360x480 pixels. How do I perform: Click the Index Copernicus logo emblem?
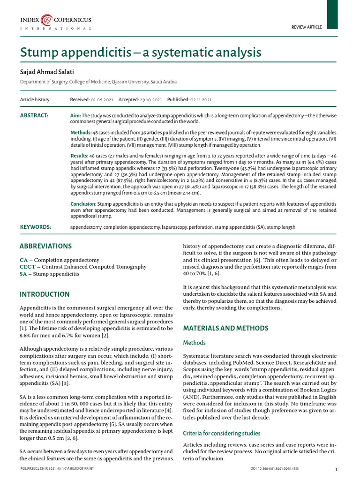[47, 20]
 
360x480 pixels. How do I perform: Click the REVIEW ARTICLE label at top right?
[307, 27]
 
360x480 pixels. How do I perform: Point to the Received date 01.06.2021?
[99, 100]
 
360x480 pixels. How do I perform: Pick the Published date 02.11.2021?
[200, 100]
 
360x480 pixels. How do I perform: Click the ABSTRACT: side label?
[34, 115]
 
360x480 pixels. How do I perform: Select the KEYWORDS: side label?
[35, 227]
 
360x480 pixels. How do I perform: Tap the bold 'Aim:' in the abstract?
[75, 115]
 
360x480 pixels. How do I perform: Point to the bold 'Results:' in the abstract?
[79, 156]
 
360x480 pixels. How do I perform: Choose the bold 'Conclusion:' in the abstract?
[83, 204]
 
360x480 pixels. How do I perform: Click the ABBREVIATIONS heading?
[45, 246]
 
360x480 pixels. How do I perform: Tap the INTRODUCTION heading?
[45, 294]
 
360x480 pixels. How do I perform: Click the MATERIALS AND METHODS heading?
[225, 328]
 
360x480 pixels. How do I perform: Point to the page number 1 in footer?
[337, 470]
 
